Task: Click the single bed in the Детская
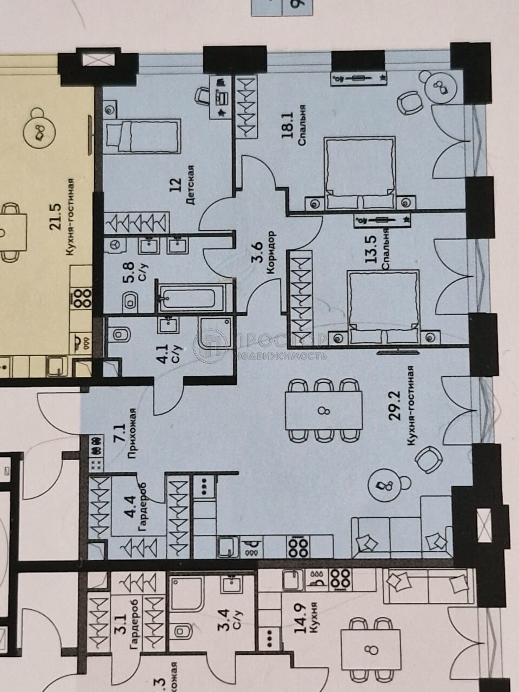(143, 135)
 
